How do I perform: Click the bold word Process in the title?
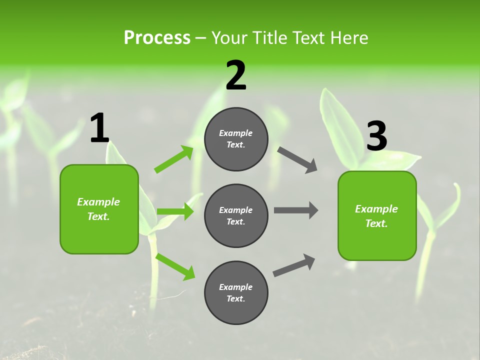click(x=157, y=38)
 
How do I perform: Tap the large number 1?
click(x=99, y=128)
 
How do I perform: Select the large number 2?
click(x=236, y=75)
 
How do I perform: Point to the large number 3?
click(x=376, y=136)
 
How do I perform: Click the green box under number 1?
click(x=99, y=209)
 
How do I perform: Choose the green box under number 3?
click(x=377, y=216)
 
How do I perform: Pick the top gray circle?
click(x=236, y=139)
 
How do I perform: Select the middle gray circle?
click(x=236, y=216)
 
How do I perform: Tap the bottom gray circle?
click(x=236, y=293)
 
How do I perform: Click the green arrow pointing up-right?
click(x=174, y=159)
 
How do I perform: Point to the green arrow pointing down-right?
click(x=175, y=266)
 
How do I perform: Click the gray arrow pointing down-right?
click(x=297, y=160)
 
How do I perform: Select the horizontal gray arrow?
click(x=296, y=210)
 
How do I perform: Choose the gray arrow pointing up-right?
click(x=294, y=265)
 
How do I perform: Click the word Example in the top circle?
click(x=235, y=133)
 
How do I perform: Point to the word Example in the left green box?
click(x=98, y=202)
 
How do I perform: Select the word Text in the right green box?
click(x=376, y=223)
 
